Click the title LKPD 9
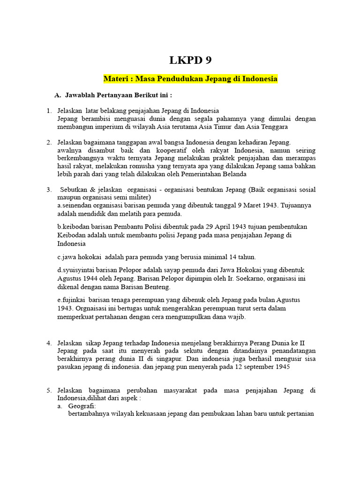(x=187, y=60)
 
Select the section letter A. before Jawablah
(x=58, y=95)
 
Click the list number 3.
(x=49, y=189)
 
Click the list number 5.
(x=49, y=390)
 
